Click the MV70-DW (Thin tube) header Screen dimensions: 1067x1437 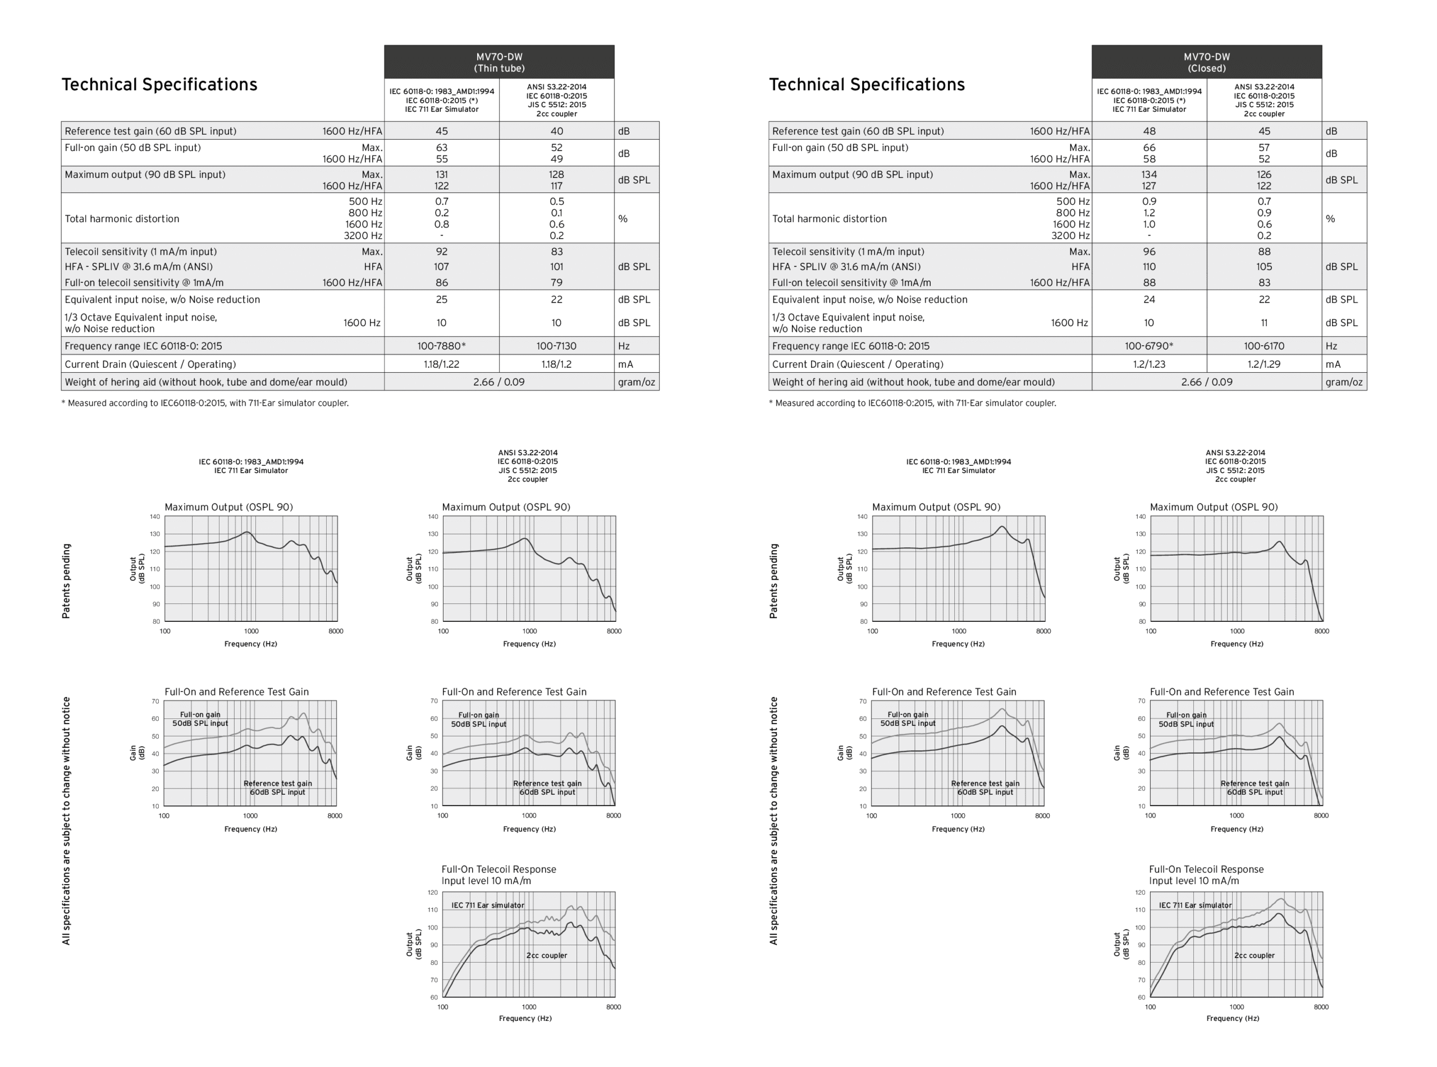pyautogui.click(x=498, y=62)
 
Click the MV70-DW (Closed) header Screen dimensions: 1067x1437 pyautogui.click(x=1206, y=62)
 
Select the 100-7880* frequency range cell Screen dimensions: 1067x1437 pyautogui.click(x=441, y=346)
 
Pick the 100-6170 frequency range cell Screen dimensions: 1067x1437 pyautogui.click(x=1264, y=346)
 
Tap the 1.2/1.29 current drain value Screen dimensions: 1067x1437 pyautogui.click(x=1264, y=364)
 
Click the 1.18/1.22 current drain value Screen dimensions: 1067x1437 pyautogui.click(x=441, y=364)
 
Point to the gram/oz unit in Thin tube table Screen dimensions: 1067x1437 pyautogui.click(x=636, y=382)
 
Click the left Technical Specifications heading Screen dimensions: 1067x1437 pyautogui.click(x=159, y=85)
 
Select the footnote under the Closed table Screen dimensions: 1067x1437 pyautogui.click(x=912, y=403)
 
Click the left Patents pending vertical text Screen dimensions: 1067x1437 pyautogui.click(x=66, y=581)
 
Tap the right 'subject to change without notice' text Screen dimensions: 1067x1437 pyautogui.click(x=773, y=820)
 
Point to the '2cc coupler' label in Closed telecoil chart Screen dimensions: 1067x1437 pyautogui.click(x=1254, y=955)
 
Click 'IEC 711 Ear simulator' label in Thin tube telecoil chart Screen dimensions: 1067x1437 pyautogui.click(x=488, y=905)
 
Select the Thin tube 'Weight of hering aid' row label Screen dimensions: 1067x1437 pyautogui.click(x=206, y=382)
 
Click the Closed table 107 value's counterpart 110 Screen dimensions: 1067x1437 pyautogui.click(x=1149, y=267)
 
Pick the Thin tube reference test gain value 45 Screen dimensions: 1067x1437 pyautogui.click(x=441, y=131)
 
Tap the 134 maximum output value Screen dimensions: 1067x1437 pyautogui.click(x=1149, y=175)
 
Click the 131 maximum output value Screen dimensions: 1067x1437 pyautogui.click(x=441, y=175)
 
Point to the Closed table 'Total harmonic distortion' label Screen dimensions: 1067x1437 pyautogui.click(x=829, y=219)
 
